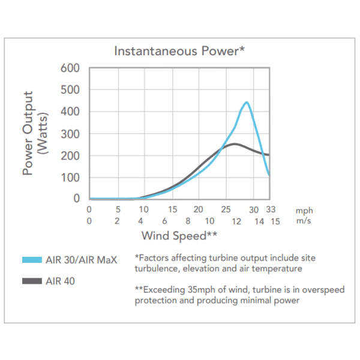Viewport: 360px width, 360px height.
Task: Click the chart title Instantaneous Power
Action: [179, 50]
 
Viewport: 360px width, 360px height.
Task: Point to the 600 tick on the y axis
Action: [71, 68]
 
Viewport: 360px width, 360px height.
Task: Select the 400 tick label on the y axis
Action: [71, 112]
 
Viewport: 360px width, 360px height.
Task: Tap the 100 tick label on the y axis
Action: [71, 178]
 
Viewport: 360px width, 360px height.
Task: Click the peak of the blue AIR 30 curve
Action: [246, 103]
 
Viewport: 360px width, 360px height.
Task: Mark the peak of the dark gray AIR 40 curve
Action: [234, 143]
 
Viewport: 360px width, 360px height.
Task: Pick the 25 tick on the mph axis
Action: [226, 210]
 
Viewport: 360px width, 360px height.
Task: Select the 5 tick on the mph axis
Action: [118, 210]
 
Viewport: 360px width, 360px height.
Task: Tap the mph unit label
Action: [304, 211]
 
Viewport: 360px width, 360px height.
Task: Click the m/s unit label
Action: [304, 221]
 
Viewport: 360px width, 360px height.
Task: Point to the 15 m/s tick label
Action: [275, 221]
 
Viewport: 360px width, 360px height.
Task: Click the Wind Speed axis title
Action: [179, 235]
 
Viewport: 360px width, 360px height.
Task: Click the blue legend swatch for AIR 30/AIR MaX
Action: [31, 259]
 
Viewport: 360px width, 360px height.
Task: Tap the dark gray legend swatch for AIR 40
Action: [31, 281]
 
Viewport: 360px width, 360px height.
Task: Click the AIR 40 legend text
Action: [60, 281]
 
